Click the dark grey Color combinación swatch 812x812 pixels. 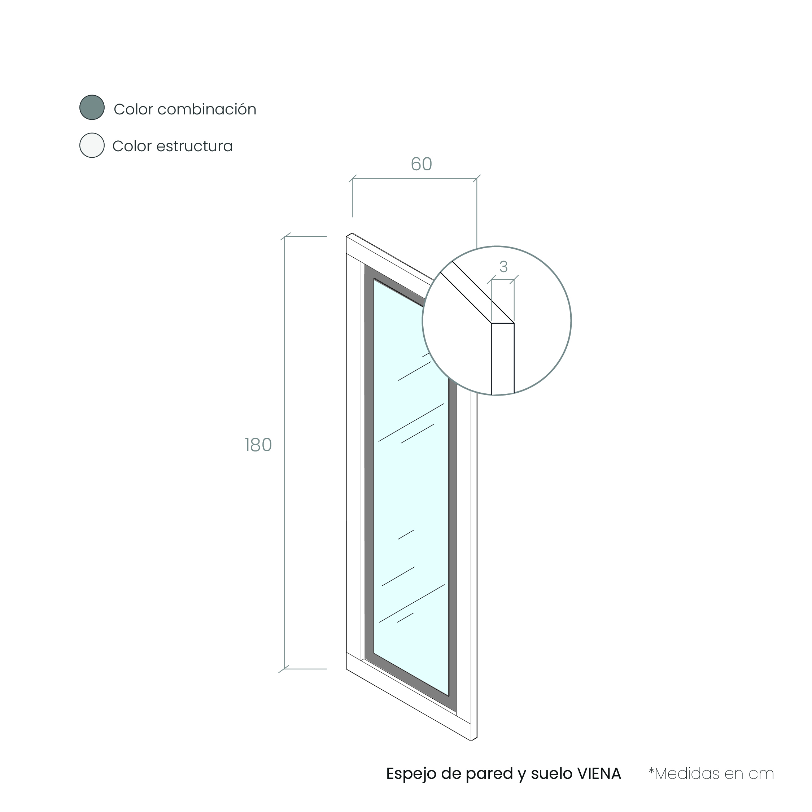point(92,108)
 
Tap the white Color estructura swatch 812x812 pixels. point(92,145)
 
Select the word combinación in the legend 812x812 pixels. point(207,109)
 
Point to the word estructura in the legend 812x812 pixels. point(194,146)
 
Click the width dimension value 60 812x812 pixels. point(422,164)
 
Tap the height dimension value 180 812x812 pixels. point(258,445)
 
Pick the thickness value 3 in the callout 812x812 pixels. point(503,266)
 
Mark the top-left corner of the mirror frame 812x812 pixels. point(346,236)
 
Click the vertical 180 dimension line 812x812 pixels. point(284,453)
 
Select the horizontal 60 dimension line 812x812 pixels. point(414,178)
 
